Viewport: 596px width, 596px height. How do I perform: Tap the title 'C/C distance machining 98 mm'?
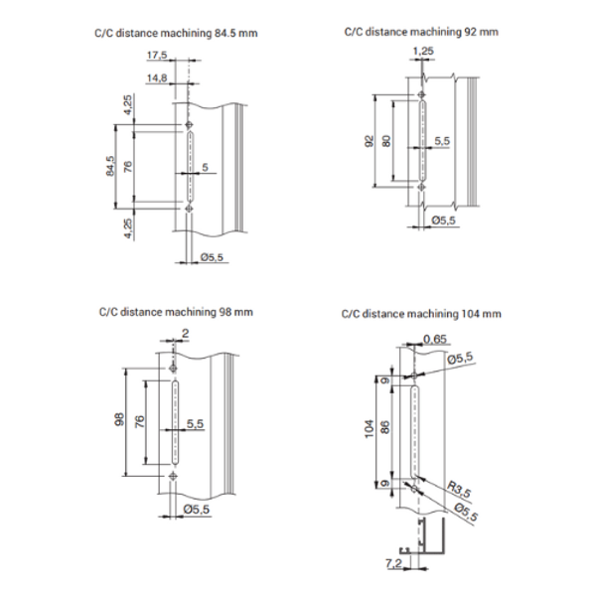tap(176, 311)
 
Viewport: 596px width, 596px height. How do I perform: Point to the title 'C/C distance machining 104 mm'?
tap(420, 314)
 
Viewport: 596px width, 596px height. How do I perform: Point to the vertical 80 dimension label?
tap(387, 141)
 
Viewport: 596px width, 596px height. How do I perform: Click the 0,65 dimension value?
tap(434, 340)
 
